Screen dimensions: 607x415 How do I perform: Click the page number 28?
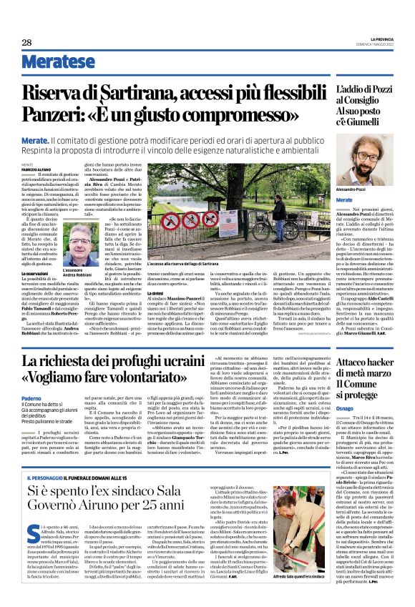[26, 42]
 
